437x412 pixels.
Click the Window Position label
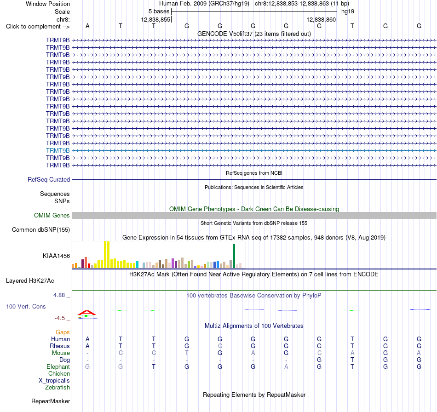(48, 4)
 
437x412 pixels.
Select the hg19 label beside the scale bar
(348, 11)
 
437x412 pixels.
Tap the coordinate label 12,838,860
(321, 19)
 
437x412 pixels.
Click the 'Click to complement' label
(38, 27)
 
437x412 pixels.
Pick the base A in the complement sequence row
(87, 26)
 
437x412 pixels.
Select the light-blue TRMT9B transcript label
(57, 150)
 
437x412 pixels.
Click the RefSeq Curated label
(48, 180)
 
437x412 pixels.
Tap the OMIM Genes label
(52, 215)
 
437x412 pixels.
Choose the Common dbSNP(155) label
(40, 229)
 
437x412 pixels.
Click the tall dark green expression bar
(234, 256)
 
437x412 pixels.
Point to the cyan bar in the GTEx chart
(137, 264)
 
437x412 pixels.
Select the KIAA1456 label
(56, 256)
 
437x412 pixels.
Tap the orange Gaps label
(63, 332)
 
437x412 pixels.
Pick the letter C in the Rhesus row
(220, 346)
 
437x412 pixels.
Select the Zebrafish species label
(57, 387)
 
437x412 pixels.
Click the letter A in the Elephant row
(286, 366)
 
